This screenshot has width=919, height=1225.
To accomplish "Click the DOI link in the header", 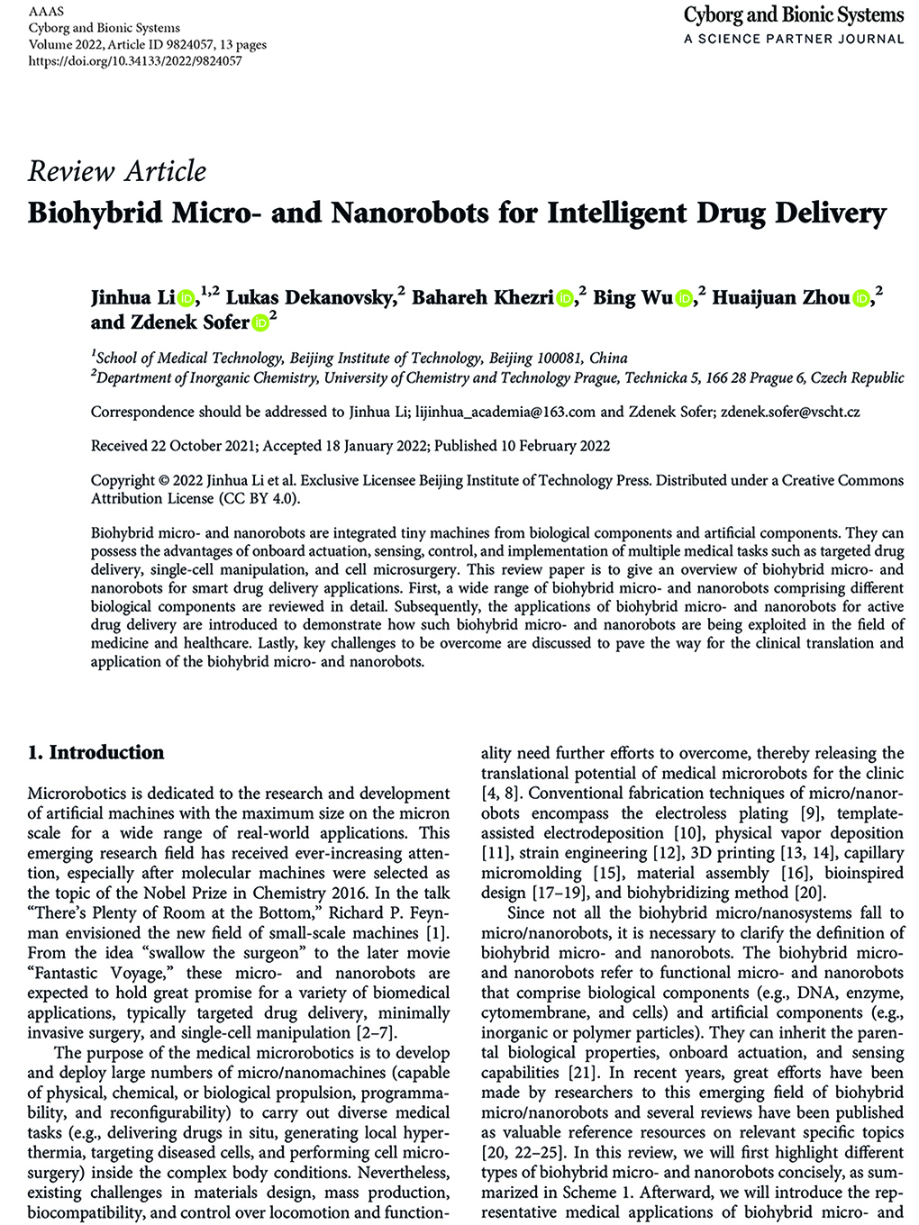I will click(x=135, y=61).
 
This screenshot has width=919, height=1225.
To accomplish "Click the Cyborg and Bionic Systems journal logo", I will click(x=793, y=15).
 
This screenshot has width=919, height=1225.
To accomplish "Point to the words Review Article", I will click(x=117, y=171).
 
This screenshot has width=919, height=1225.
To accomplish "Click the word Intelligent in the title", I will click(x=614, y=213).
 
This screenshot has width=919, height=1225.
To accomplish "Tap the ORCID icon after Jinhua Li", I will click(x=187, y=298).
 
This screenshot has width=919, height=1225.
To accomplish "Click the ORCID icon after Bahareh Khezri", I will click(x=565, y=298).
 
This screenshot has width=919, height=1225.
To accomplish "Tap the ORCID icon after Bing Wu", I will click(x=685, y=298).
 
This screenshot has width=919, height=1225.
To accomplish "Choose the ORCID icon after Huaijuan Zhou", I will click(x=861, y=298).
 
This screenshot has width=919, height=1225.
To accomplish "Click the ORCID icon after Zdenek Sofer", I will click(x=259, y=322).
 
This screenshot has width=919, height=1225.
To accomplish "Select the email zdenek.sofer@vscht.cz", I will click(x=790, y=413).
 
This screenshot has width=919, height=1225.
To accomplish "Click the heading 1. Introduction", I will click(x=96, y=753).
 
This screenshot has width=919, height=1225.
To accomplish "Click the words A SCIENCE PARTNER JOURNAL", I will click(x=793, y=39).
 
